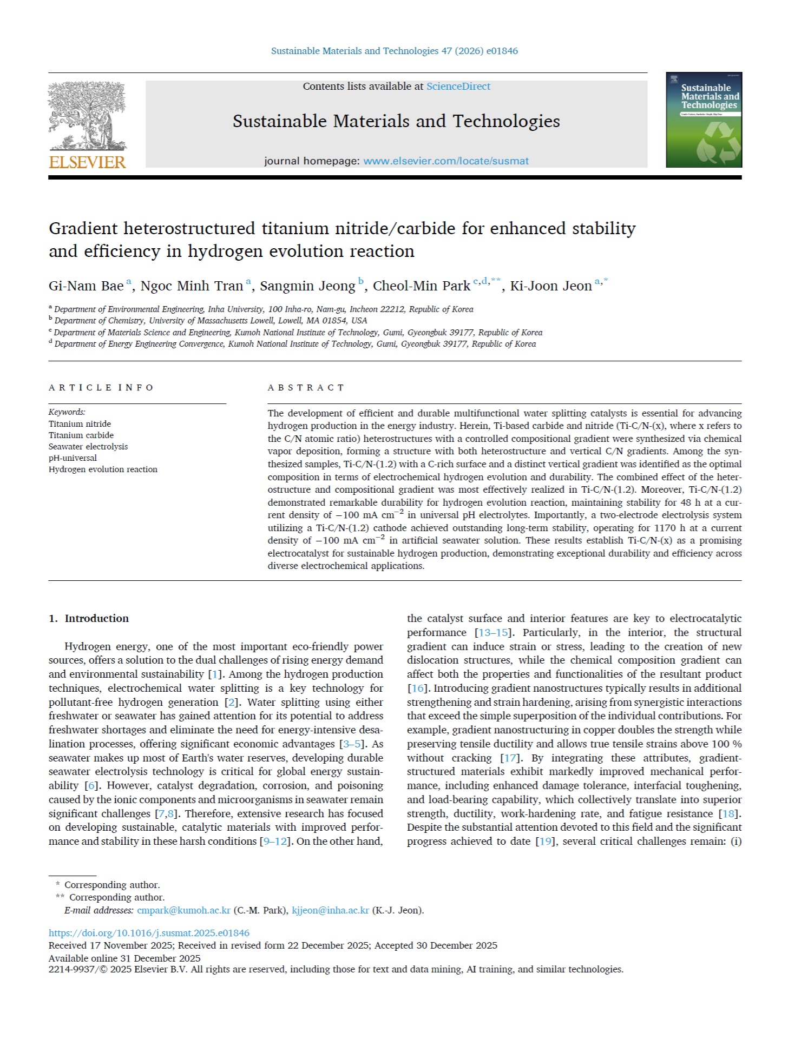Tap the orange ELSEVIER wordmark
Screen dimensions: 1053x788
pyautogui.click(x=87, y=162)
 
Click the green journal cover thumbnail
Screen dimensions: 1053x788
pyautogui.click(x=704, y=120)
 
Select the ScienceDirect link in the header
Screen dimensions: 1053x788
pyautogui.click(x=458, y=87)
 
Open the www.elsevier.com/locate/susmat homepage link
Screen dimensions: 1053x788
pyautogui.click(x=446, y=161)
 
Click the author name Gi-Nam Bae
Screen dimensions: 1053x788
pyautogui.click(x=86, y=286)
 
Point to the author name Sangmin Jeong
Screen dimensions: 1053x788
pyautogui.click(x=307, y=286)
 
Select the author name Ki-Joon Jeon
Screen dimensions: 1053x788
pyautogui.click(x=550, y=286)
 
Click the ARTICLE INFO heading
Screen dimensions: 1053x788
pyautogui.click(x=101, y=388)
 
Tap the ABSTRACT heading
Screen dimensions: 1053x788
pyautogui.click(x=306, y=388)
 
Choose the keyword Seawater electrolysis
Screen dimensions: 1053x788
pyautogui.click(x=88, y=447)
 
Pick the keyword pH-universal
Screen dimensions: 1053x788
pyautogui.click(x=73, y=458)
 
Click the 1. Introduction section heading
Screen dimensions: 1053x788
pyautogui.click(x=89, y=619)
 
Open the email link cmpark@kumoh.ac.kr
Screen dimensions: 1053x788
pyautogui.click(x=183, y=910)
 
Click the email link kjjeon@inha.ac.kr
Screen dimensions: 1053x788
pyautogui.click(x=330, y=910)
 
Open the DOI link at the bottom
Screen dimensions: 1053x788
pyautogui.click(x=149, y=933)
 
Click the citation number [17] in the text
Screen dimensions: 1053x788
pyautogui.click(x=509, y=758)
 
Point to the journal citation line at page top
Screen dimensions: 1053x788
pyautogui.click(x=394, y=51)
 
